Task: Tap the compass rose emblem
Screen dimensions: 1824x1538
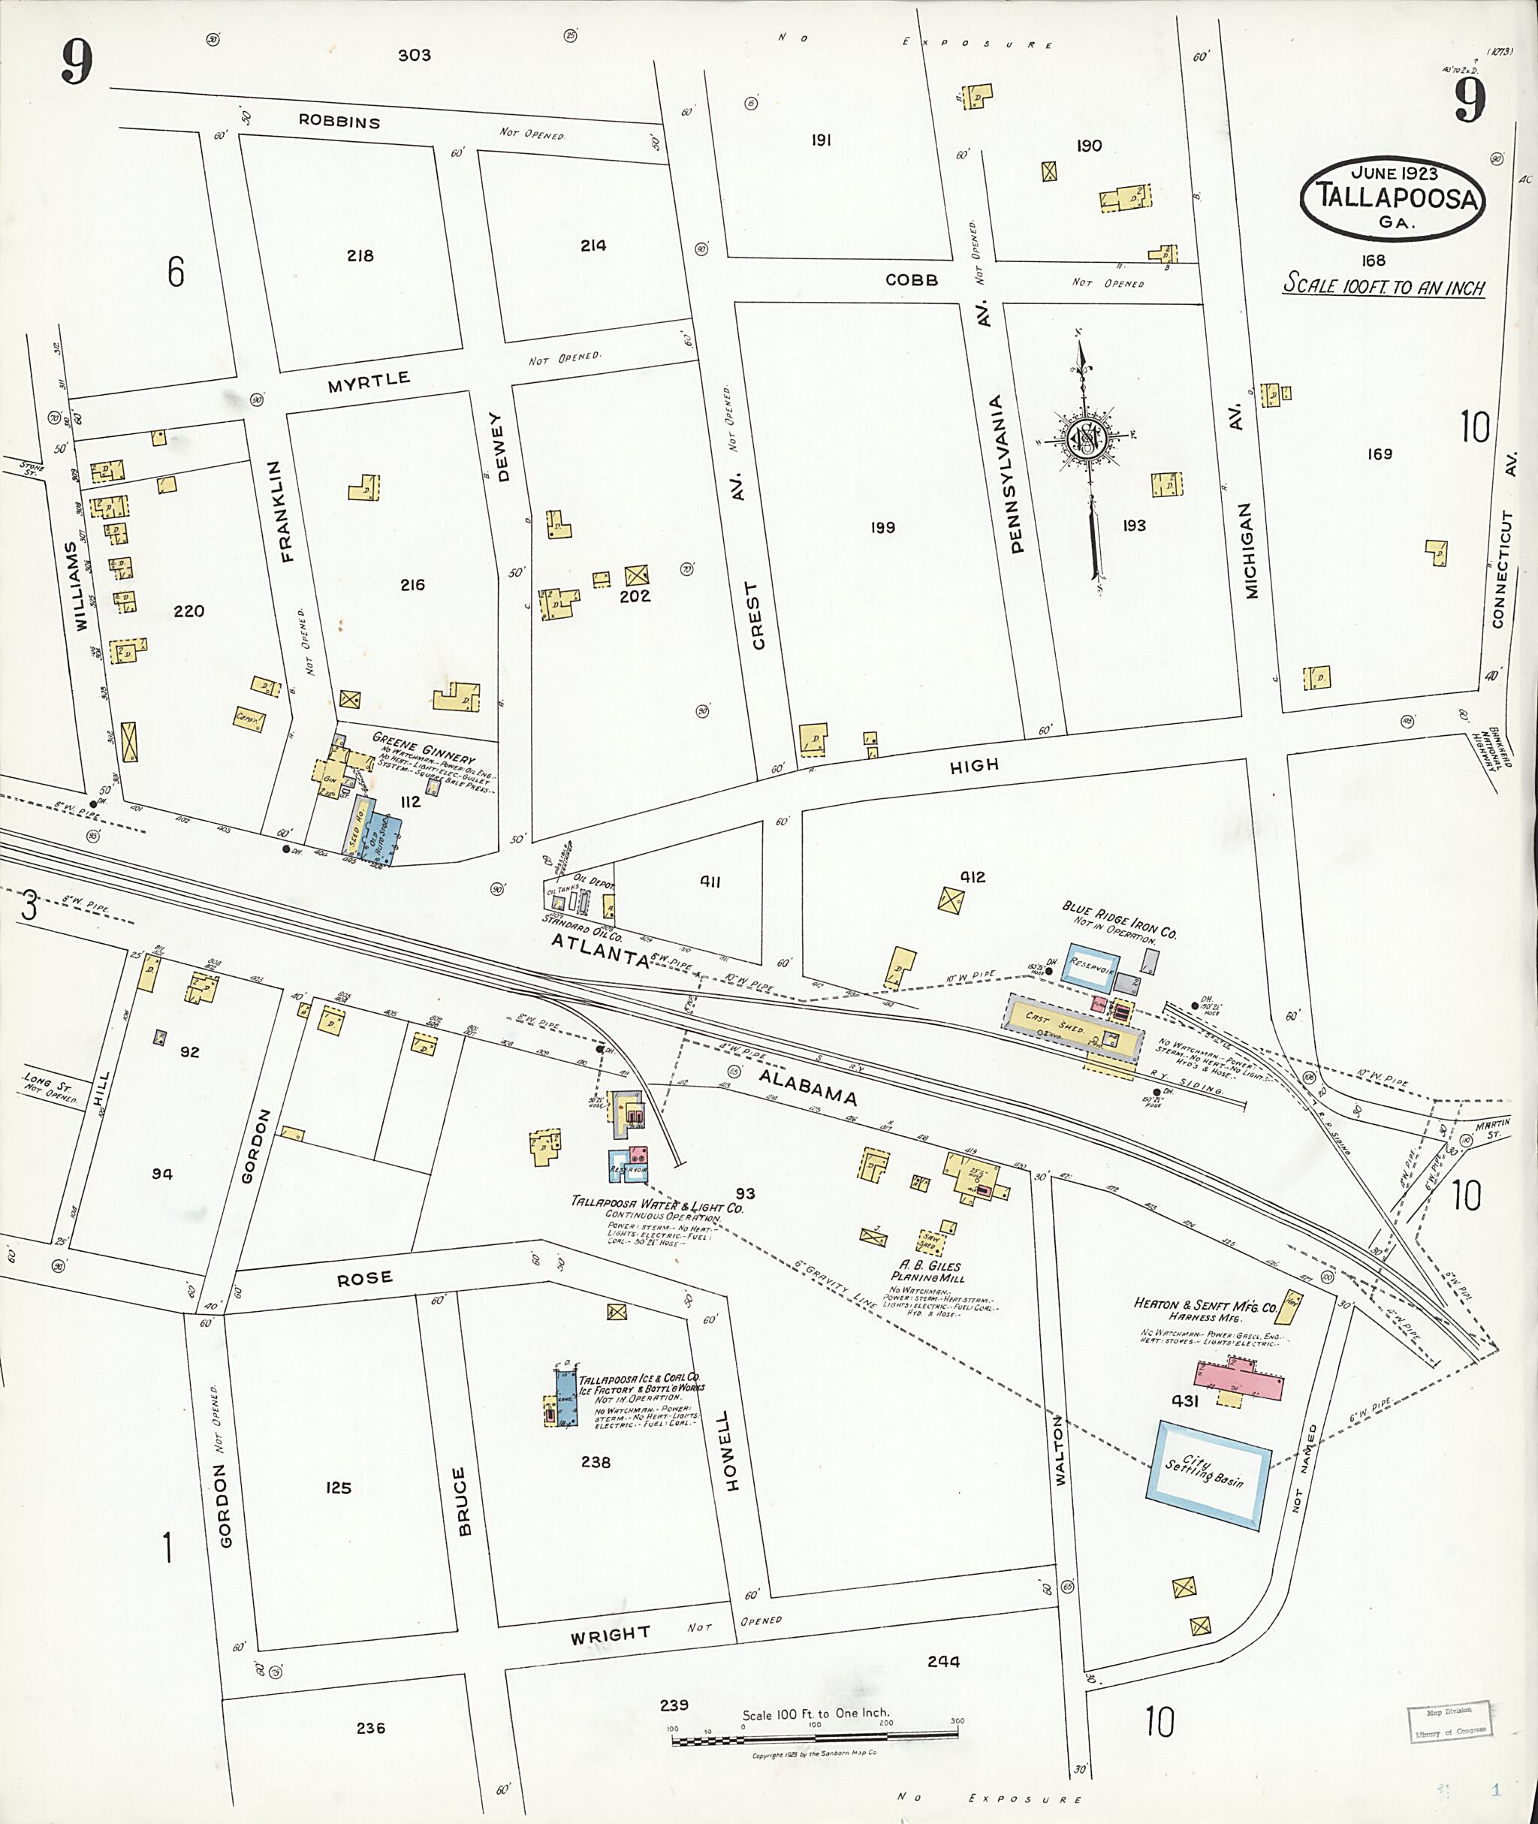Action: pos(1089,439)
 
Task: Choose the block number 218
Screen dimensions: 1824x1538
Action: pos(360,256)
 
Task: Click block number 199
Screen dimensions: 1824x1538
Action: pos(882,527)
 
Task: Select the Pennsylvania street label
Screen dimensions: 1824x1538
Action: pos(1017,476)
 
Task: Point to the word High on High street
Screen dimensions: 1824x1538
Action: pos(974,765)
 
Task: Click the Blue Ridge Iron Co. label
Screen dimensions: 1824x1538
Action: pos(1119,920)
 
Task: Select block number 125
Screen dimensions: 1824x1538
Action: pos(338,1488)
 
